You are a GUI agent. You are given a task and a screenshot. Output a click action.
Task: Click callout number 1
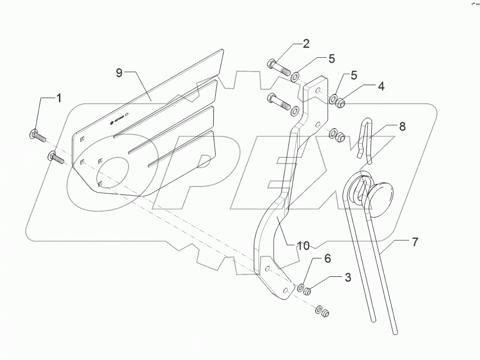[59, 98]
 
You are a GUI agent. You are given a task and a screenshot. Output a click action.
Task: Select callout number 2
[306, 44]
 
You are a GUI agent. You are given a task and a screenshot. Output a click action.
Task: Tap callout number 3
[348, 277]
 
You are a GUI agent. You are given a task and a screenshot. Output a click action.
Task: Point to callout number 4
[381, 86]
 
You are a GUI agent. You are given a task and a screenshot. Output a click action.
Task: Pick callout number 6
[327, 259]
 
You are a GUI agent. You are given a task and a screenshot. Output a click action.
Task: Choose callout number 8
[402, 126]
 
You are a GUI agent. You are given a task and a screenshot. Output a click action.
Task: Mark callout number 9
[119, 73]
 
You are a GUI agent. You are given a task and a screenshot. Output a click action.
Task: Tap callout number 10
[303, 245]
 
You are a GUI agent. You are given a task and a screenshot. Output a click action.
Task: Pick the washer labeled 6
[301, 286]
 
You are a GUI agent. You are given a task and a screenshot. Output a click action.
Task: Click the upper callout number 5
[332, 58]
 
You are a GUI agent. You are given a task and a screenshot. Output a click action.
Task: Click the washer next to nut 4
[334, 99]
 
